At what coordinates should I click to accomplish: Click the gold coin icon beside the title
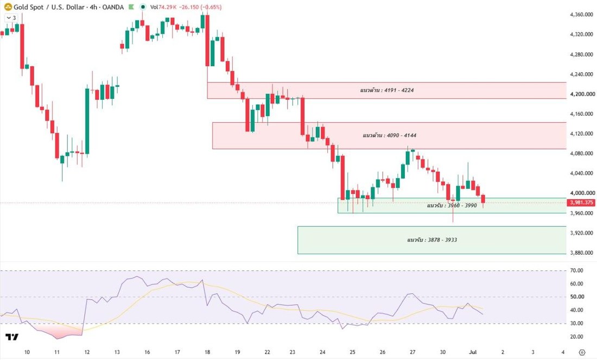(8, 7)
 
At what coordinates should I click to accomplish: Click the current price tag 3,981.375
(581, 203)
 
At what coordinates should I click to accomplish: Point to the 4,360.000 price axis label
(581, 15)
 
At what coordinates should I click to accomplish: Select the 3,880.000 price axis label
(581, 252)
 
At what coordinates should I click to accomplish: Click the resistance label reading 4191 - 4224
(387, 90)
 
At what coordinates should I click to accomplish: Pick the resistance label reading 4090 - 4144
(390, 135)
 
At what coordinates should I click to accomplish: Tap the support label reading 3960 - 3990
(452, 205)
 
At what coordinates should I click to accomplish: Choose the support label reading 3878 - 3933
(432, 240)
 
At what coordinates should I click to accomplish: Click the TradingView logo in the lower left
(12, 337)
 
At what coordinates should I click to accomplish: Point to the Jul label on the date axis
(473, 352)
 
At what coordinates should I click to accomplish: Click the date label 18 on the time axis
(207, 352)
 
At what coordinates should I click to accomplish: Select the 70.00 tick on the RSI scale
(577, 270)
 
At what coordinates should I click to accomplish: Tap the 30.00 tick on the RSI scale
(577, 324)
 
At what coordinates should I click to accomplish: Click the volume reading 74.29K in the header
(166, 7)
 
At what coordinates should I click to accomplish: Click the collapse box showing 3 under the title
(11, 18)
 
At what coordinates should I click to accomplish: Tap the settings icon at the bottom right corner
(582, 352)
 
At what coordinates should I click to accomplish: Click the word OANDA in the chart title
(113, 7)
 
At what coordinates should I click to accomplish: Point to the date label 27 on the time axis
(412, 352)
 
